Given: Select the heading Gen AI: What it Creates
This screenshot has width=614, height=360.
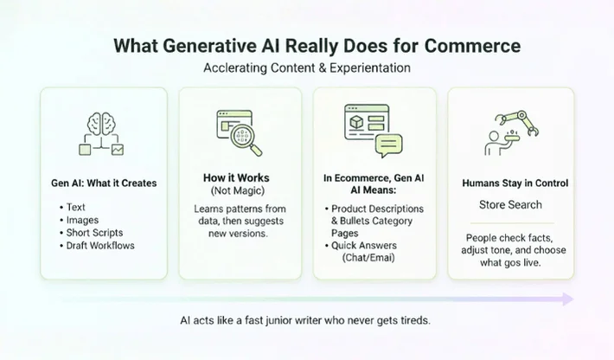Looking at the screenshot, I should (103, 183).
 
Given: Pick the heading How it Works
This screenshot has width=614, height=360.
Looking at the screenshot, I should (240, 177).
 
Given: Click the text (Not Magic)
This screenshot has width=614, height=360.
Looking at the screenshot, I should (240, 190).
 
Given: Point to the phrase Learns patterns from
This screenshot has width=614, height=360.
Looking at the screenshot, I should (240, 209).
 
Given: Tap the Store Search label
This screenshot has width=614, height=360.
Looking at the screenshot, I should (510, 205).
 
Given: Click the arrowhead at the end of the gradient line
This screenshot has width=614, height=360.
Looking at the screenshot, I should (567, 299).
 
